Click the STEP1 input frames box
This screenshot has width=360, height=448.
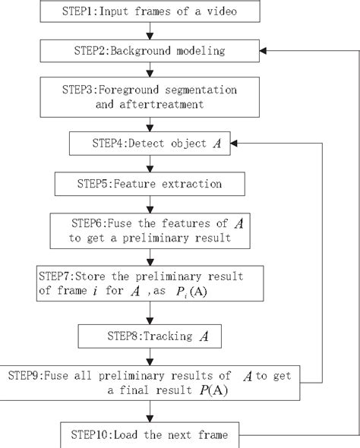coord(153,13)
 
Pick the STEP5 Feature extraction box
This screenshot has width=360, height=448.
coord(150,184)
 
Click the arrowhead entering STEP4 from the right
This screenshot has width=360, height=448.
coord(235,142)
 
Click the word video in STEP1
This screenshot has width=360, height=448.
coord(235,13)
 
